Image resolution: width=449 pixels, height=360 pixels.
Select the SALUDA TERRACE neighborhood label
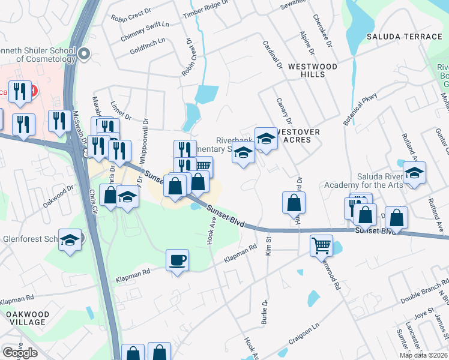pyautogui.click(x=404, y=37)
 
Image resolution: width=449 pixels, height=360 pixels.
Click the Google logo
pyautogui.click(x=20, y=353)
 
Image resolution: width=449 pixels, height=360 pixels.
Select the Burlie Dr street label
pyautogui.click(x=264, y=313)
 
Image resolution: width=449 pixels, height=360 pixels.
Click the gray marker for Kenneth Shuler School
pyautogui.click(x=83, y=55)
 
